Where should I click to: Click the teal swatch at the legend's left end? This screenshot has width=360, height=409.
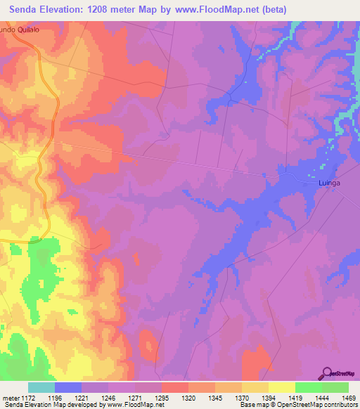[x=41, y=387]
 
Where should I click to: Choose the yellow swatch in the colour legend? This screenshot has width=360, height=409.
[x=281, y=387]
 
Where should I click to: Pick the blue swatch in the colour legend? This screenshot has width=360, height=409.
[x=68, y=387]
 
